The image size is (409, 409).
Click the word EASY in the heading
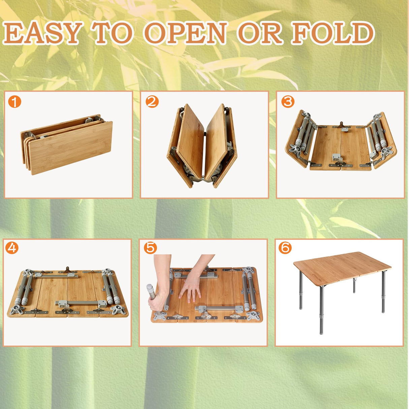[42, 33]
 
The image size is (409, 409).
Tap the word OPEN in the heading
[185, 33]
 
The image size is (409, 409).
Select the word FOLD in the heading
[333, 33]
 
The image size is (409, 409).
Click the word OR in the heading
[260, 33]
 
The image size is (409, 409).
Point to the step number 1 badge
[15, 101]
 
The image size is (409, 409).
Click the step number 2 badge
[152, 101]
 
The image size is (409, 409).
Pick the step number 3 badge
[288, 101]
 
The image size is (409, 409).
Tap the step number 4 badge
[12, 248]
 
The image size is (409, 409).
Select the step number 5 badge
[150, 248]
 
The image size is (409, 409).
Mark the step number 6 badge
[285, 248]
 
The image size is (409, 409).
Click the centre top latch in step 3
[343, 126]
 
